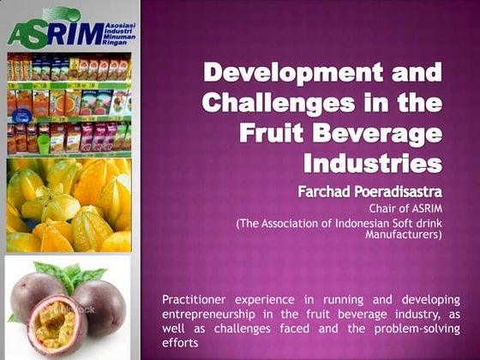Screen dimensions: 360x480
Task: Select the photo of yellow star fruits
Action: click(68, 205)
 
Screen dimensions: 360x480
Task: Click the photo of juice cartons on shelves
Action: click(68, 103)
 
